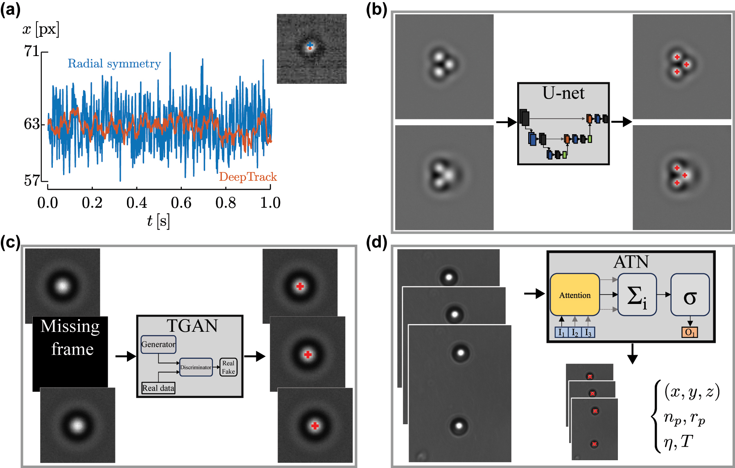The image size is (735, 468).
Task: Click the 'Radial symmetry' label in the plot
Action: [x=114, y=64]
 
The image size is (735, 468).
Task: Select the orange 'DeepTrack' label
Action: [x=248, y=177]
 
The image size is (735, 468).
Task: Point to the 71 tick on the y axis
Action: [x=32, y=51]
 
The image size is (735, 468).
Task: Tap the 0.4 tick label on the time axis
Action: [x=136, y=202]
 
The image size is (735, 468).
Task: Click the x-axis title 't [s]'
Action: [x=158, y=221]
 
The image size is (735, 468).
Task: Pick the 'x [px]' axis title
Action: [x=41, y=29]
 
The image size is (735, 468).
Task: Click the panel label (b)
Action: [x=376, y=9]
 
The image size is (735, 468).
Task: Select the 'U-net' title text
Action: [x=563, y=93]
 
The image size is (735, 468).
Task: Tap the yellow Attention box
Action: [x=575, y=295]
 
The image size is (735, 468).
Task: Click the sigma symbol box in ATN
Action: [x=690, y=295]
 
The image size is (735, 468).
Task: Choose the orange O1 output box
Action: [x=690, y=333]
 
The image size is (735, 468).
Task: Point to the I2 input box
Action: [x=574, y=333]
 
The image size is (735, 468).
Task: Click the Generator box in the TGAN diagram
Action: [x=158, y=344]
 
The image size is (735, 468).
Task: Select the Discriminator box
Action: [x=196, y=367]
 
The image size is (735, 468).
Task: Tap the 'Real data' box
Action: [x=158, y=388]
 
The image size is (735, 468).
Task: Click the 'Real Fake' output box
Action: [x=228, y=367]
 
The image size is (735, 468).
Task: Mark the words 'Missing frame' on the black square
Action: [x=70, y=337]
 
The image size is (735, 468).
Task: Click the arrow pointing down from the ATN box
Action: [x=633, y=354]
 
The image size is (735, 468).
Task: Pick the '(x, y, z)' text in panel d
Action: [x=692, y=391]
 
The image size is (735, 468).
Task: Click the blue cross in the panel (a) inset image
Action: [x=310, y=45]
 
